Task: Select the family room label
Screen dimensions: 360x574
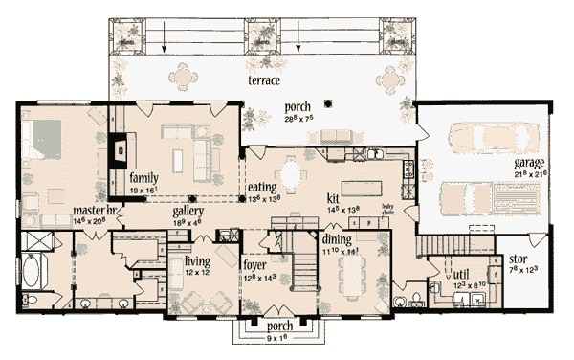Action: pyautogui.click(x=143, y=177)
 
